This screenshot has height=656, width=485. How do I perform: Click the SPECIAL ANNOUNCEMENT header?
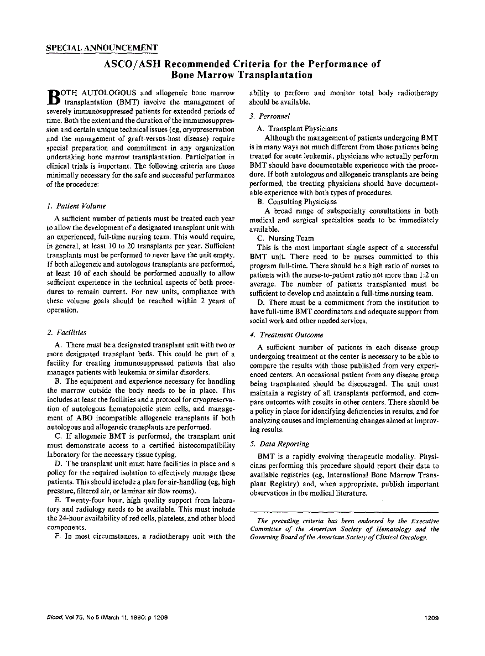(102, 48)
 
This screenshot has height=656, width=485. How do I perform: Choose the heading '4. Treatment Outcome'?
(286, 335)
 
